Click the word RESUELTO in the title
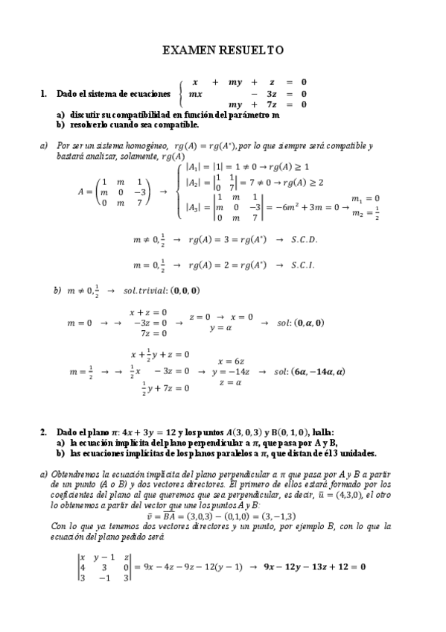(x=249, y=50)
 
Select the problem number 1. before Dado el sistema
(x=42, y=94)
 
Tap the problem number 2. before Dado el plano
(x=42, y=432)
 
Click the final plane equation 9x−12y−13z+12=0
(x=315, y=567)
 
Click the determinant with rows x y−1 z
(x=105, y=567)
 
